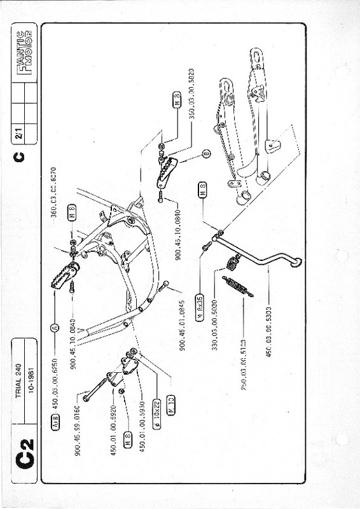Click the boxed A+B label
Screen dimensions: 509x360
56,420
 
